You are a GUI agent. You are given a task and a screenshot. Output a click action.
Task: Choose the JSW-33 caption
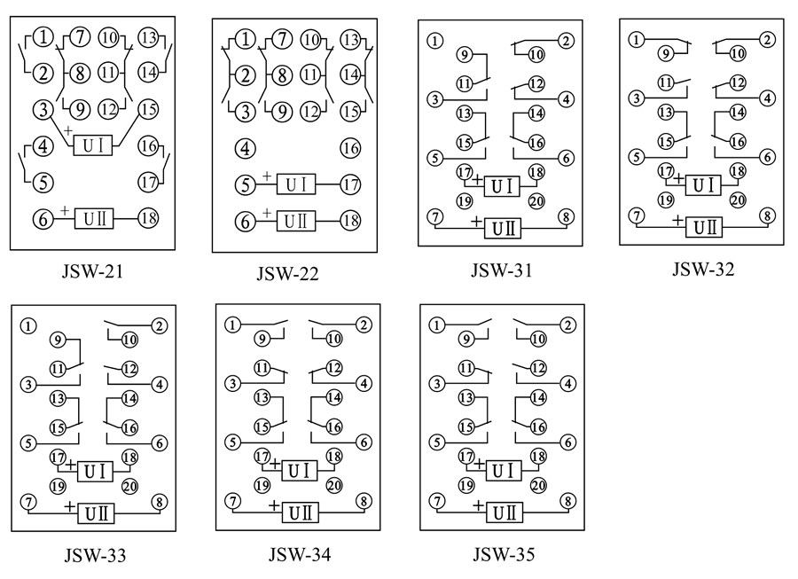95,557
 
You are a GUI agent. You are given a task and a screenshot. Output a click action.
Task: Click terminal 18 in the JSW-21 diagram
147,218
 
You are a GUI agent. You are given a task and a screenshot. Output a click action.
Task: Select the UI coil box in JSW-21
93,145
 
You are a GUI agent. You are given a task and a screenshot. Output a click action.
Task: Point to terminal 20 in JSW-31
536,200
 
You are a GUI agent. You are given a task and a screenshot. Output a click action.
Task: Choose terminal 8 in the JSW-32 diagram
767,216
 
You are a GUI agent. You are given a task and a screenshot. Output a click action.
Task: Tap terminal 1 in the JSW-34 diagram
232,325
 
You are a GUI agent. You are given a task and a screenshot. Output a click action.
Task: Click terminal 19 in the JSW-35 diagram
465,485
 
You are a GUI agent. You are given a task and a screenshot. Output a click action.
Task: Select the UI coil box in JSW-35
503,470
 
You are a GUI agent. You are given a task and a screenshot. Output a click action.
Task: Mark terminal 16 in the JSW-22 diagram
350,148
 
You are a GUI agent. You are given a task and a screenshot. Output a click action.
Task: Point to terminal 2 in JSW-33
160,326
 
